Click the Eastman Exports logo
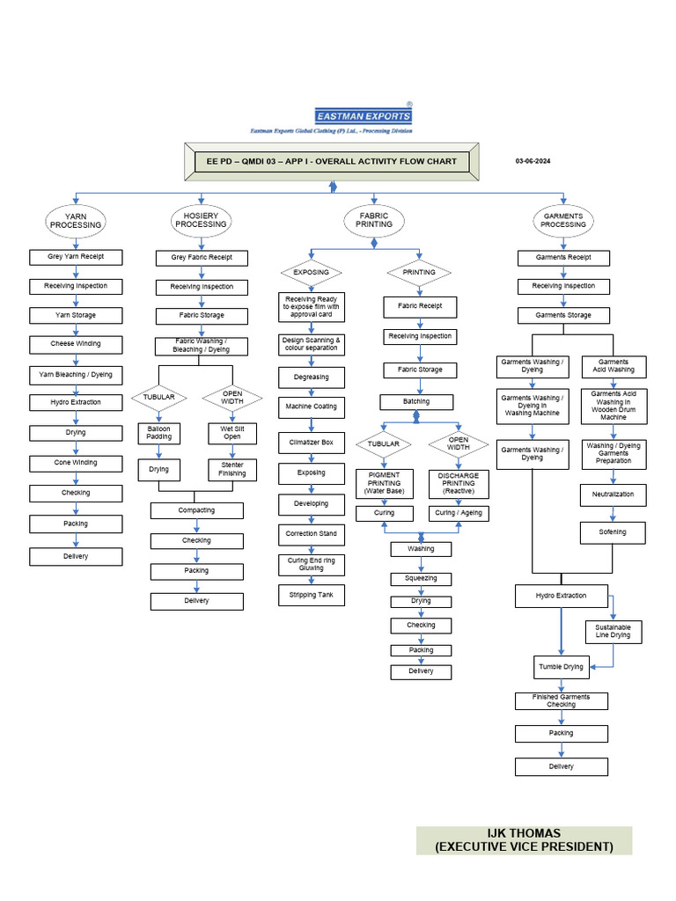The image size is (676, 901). point(363,115)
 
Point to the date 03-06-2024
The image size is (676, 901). point(533,161)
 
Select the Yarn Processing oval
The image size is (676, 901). point(76,221)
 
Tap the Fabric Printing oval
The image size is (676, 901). point(374,221)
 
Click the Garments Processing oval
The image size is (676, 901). point(562,221)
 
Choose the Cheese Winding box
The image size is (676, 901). point(76,344)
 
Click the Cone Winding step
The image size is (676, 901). point(76,463)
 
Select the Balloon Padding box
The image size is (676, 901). point(158,433)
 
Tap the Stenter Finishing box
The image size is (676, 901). point(232,469)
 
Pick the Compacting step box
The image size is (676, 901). point(196,510)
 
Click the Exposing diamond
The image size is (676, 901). point(311,273)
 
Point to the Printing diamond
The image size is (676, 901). point(419,273)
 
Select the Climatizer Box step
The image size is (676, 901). point(311,443)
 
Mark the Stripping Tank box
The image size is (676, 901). point(311,596)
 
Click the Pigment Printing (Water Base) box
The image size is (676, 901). point(384,483)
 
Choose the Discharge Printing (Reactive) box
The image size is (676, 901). point(458,483)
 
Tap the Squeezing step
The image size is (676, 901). point(421,579)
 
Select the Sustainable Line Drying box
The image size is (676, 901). point(614,631)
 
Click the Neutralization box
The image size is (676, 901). point(613,495)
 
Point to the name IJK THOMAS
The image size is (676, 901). point(524,833)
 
